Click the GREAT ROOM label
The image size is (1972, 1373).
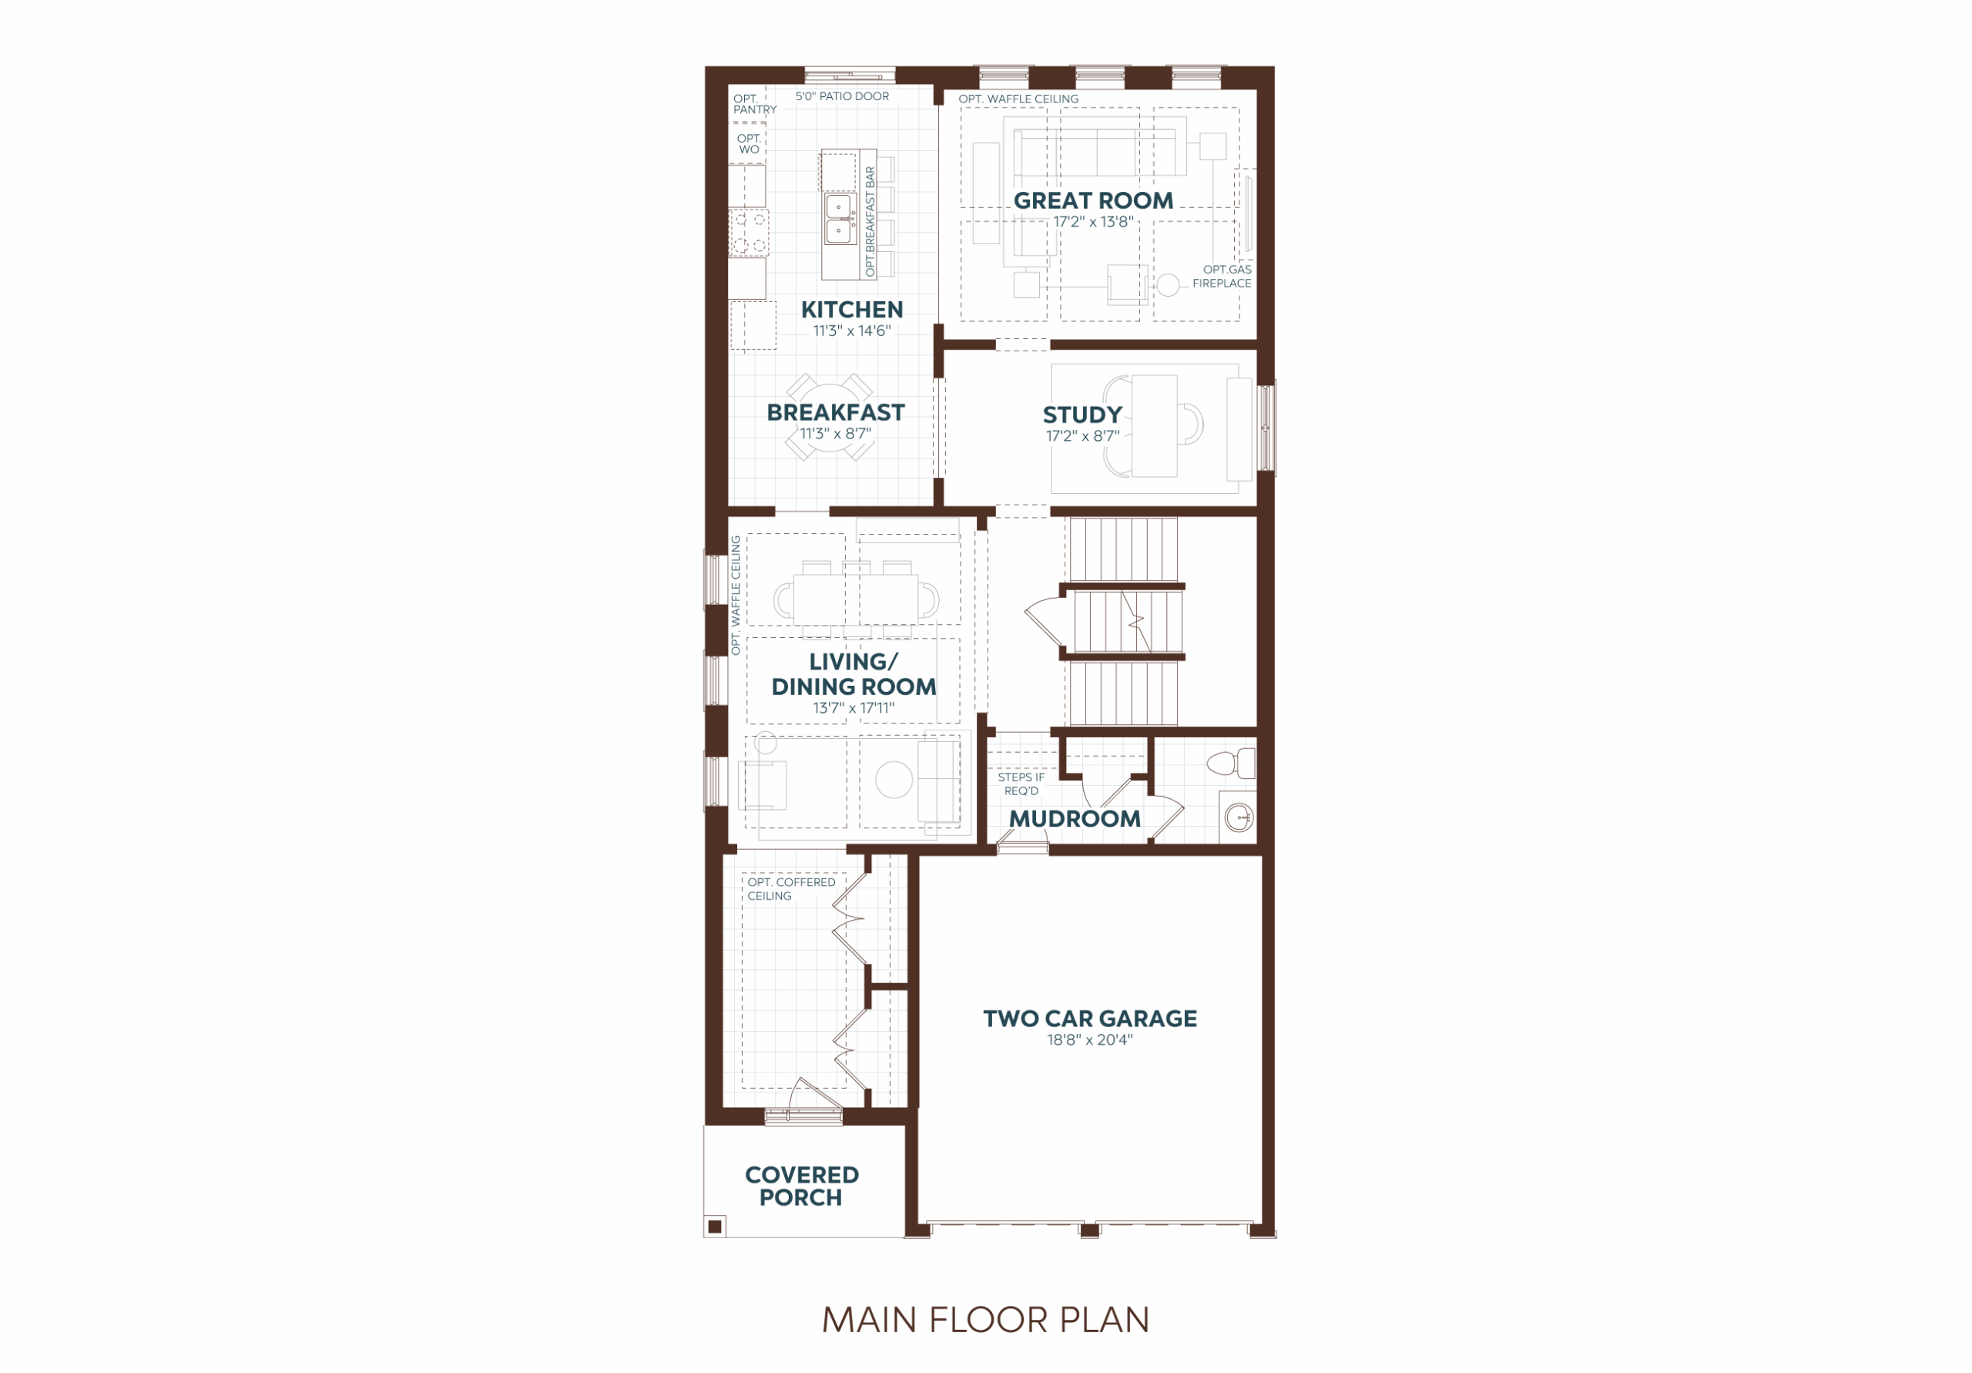1093,201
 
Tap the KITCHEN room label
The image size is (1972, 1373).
852,311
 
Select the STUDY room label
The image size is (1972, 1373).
1082,416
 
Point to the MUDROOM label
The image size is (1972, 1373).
1075,819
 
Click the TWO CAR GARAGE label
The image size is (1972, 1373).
1090,1019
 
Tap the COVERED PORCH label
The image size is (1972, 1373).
801,1187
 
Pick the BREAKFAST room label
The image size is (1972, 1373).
836,413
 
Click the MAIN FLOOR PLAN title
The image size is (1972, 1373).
986,1321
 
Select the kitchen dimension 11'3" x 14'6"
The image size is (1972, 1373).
852,331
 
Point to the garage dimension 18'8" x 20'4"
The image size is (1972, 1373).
1090,1040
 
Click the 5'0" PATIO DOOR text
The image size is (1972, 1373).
842,97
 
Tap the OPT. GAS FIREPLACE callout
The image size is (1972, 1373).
1222,277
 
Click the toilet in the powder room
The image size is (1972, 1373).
1231,763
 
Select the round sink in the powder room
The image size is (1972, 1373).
1239,818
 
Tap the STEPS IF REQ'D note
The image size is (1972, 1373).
1021,784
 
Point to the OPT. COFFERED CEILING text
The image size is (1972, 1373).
791,889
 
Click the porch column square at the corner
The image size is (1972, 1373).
715,1227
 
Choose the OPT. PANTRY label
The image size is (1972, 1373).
754,105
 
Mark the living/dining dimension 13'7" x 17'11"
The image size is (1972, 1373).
854,709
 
